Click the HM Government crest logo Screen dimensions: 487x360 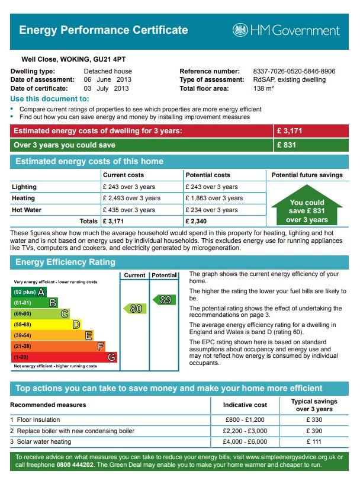240,30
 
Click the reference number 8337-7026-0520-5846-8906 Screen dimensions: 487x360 294,71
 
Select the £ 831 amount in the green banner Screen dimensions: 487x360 286,145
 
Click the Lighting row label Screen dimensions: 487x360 24,187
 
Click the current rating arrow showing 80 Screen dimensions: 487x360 134,308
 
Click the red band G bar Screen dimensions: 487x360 64,357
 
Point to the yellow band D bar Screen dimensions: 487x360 46,325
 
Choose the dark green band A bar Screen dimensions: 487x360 28,292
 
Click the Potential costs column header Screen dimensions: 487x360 208,175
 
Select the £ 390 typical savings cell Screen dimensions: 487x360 314,431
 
